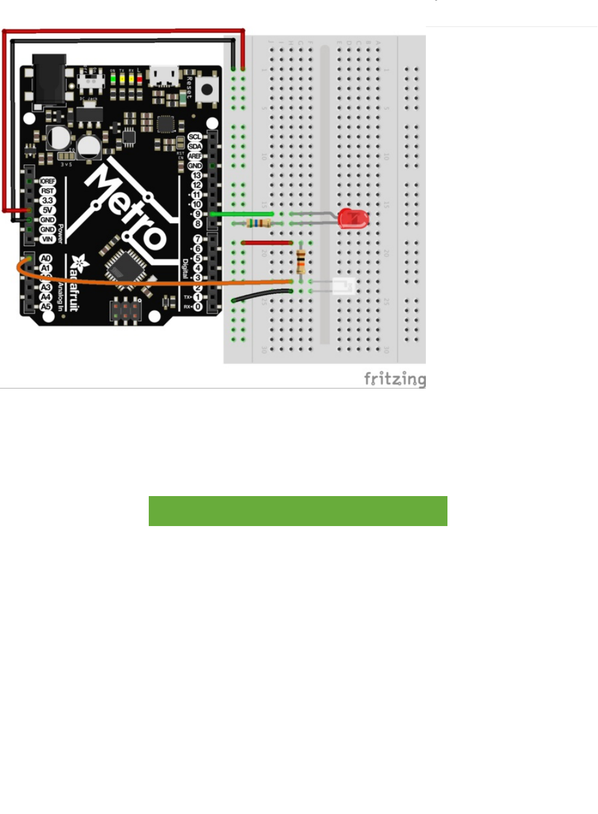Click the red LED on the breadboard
(352, 219)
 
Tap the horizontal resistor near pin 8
(259, 224)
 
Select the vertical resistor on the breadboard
(300, 261)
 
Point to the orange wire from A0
(150, 281)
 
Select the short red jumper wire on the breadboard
(266, 243)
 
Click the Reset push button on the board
(207, 90)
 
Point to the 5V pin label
(47, 210)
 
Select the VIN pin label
(47, 239)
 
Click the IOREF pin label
(47, 181)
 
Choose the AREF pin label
(194, 156)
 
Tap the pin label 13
(196, 176)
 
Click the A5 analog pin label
(46, 307)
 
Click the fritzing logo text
(395, 379)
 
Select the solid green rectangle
(298, 511)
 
